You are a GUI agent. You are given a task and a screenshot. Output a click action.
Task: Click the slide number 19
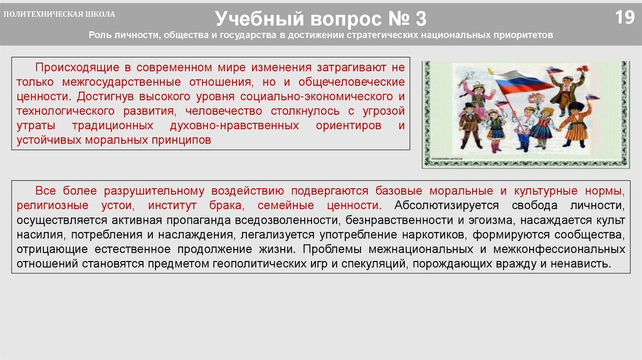[x=624, y=18]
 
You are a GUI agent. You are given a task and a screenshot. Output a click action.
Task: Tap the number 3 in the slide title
[x=419, y=18]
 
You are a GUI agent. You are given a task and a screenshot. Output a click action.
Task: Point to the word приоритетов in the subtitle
[x=526, y=35]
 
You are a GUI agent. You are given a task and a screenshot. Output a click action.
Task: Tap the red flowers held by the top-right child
[x=582, y=70]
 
